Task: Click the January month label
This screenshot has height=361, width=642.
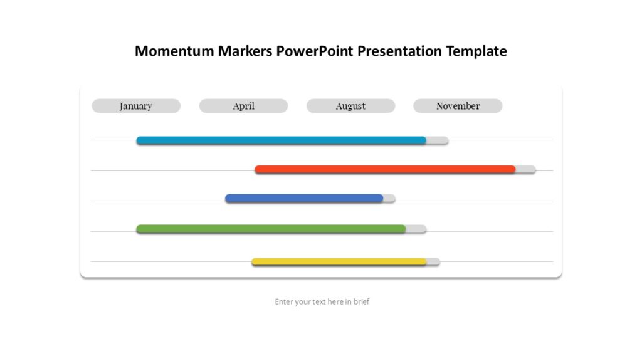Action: (x=136, y=106)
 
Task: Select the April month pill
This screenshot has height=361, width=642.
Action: (x=243, y=106)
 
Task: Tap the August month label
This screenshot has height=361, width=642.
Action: (x=350, y=106)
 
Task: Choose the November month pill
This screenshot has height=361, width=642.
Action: (x=458, y=106)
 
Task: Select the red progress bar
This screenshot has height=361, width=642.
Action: (x=385, y=169)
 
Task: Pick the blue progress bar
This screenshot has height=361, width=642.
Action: (x=304, y=198)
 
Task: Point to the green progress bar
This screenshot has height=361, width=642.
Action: (x=271, y=229)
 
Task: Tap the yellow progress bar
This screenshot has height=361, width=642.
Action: (x=339, y=261)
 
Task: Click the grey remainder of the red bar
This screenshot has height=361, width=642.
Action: (x=526, y=169)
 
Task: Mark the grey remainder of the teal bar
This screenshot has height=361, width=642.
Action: (x=438, y=140)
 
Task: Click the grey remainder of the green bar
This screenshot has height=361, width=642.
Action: (x=416, y=229)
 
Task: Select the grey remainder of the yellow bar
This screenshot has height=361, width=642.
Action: (x=433, y=261)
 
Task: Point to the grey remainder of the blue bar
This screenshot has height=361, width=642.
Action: (x=389, y=198)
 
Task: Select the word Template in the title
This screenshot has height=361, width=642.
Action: (x=476, y=51)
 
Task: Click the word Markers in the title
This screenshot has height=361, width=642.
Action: (x=245, y=51)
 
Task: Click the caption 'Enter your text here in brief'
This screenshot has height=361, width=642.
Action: (x=322, y=301)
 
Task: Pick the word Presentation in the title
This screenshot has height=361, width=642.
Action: (x=400, y=51)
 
